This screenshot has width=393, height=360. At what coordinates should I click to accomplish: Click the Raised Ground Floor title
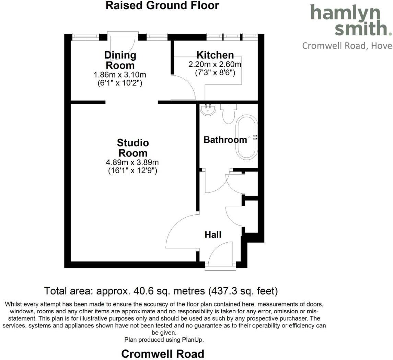[x=162, y=5]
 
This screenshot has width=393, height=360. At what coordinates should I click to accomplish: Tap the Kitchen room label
[x=215, y=55]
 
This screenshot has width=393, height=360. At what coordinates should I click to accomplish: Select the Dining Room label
[x=120, y=60]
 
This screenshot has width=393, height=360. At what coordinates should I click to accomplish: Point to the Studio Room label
[x=132, y=148]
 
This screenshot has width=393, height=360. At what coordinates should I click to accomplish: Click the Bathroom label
[x=225, y=140]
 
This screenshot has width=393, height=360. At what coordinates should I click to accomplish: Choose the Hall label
[x=213, y=235]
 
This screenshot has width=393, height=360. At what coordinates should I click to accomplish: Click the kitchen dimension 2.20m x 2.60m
[x=215, y=65]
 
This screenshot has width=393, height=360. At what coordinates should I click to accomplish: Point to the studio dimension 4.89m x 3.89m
[x=132, y=162]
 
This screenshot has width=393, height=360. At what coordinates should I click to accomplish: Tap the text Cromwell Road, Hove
[x=347, y=46]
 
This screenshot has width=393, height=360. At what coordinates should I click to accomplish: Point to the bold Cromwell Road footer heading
[x=163, y=354]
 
